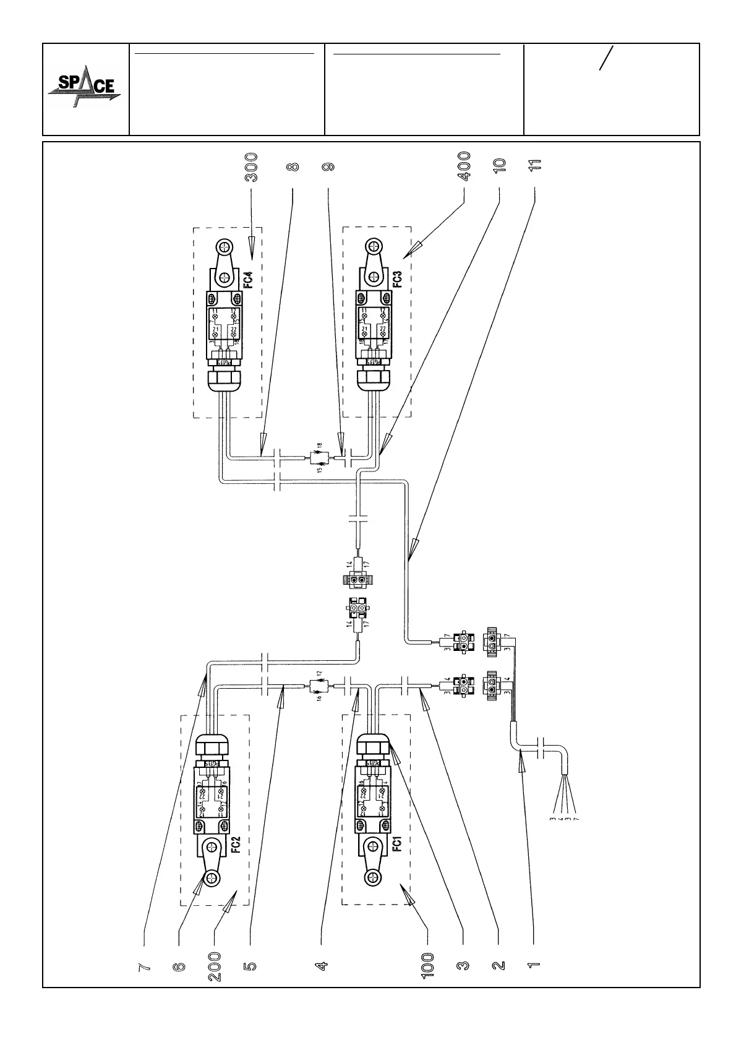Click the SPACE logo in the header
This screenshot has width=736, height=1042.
85,89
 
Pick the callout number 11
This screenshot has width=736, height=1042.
535,165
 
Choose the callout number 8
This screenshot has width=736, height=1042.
293,167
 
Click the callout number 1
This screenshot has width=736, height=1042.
534,965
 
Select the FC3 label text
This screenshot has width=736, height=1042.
397,278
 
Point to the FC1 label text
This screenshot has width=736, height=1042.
398,844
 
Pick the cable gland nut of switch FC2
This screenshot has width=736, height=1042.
213,744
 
